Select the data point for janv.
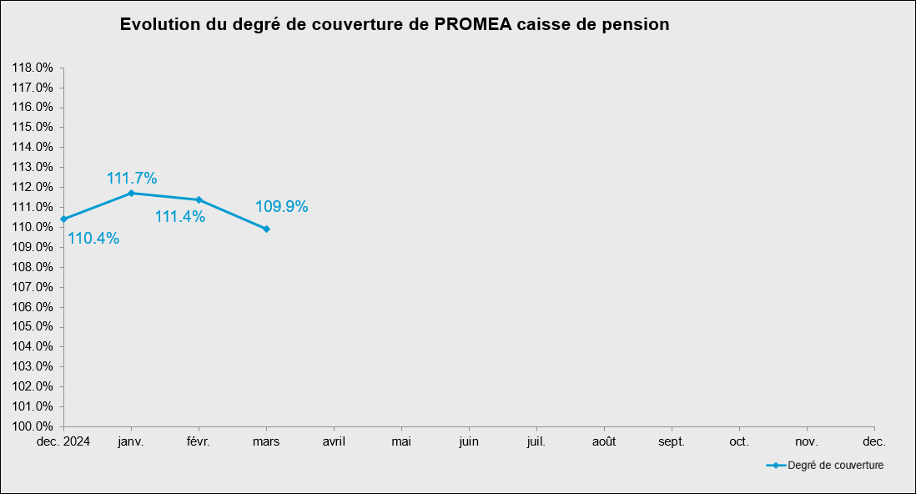(x=131, y=193)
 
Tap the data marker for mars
(x=266, y=229)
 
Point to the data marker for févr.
(x=199, y=199)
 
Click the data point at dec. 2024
(x=64, y=219)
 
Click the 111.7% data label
(x=132, y=178)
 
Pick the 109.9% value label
(x=282, y=206)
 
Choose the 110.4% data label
(x=93, y=239)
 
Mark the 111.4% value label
(x=180, y=217)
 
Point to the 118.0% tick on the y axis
(x=33, y=68)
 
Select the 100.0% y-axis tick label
(x=33, y=426)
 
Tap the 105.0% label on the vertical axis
(x=33, y=326)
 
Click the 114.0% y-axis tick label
(x=33, y=147)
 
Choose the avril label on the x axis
(x=334, y=441)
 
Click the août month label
(x=604, y=441)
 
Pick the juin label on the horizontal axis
(x=469, y=441)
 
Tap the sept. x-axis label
(x=672, y=441)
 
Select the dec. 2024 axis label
(x=64, y=441)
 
